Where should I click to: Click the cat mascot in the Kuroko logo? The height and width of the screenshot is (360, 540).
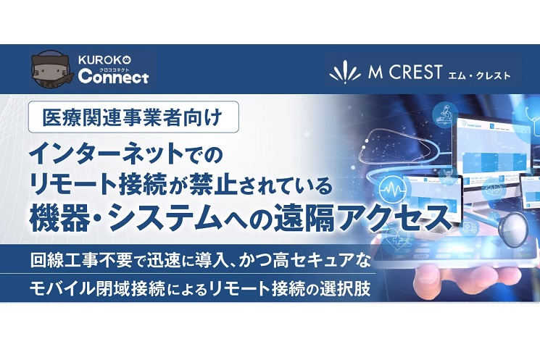[51, 70]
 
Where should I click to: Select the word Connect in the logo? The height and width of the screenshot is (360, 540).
[113, 77]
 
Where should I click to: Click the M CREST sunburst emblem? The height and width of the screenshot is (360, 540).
[346, 72]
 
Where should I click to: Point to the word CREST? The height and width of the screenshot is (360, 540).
[416, 72]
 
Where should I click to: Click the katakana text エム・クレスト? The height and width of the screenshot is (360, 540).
[479, 75]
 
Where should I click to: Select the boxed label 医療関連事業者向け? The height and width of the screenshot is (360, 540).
[133, 117]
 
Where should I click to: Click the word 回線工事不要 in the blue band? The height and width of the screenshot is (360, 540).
[81, 260]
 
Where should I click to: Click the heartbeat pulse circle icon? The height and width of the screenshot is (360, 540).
[393, 188]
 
